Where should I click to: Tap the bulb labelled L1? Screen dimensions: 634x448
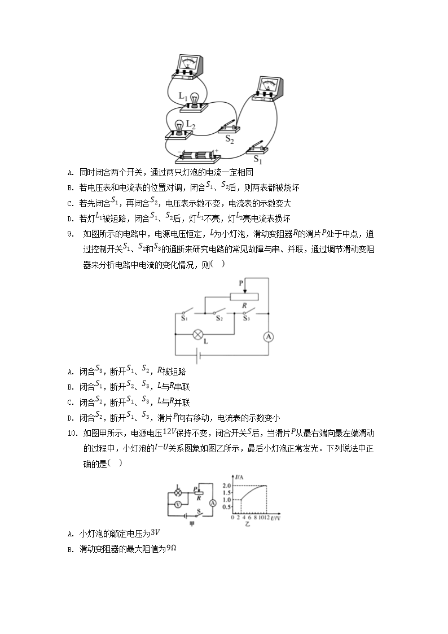[x=195, y=100]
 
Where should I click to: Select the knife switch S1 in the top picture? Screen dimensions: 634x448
[x=257, y=148]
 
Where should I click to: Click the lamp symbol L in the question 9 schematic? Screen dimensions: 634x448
[x=198, y=334]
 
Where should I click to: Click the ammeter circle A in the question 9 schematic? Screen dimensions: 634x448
[x=269, y=336]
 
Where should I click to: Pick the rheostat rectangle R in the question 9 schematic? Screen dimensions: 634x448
[x=244, y=297]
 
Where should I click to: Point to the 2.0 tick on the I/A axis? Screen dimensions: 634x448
[x=227, y=486]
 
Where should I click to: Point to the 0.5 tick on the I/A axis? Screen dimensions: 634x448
[x=227, y=506]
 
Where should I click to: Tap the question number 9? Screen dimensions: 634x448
[x=69, y=233]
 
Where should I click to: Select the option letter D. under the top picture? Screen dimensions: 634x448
[x=69, y=219]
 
